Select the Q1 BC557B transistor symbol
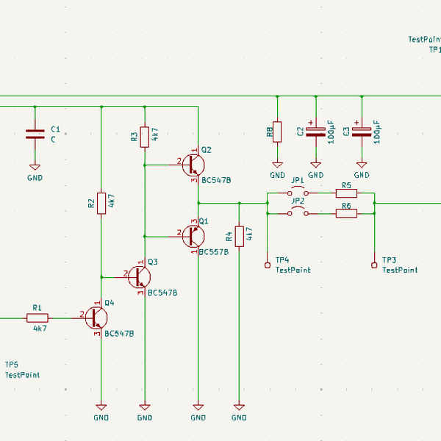pyautogui.click(x=193, y=236)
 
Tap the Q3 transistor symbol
pyautogui.click(x=140, y=277)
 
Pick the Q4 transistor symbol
pyautogui.click(x=96, y=318)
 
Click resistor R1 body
pyautogui.click(x=37, y=318)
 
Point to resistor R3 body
pyautogui.click(x=145, y=135)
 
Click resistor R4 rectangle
pyautogui.click(x=239, y=236)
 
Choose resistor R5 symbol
pyautogui.click(x=346, y=193)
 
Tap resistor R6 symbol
pyautogui.click(x=346, y=213)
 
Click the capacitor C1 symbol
pyautogui.click(x=35, y=135)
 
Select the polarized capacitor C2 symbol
pyautogui.click(x=315, y=132)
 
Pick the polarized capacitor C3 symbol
pyautogui.click(x=361, y=132)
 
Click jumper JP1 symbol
pyautogui.click(x=298, y=193)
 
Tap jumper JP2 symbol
pyautogui.click(x=298, y=213)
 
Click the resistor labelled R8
pyautogui.click(x=277, y=132)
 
